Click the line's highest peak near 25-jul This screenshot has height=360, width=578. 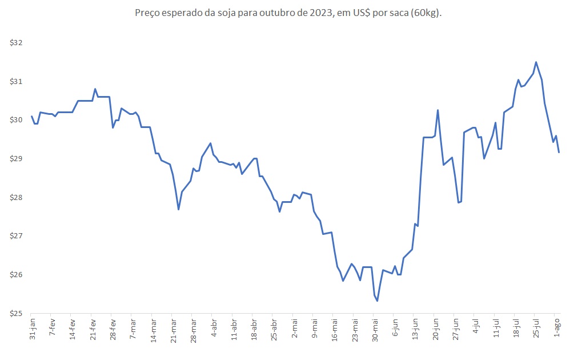(536, 62)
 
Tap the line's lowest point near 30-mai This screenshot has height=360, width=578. (378, 301)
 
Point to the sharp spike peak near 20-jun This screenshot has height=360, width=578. (437, 110)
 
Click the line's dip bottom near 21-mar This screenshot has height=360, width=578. (179, 209)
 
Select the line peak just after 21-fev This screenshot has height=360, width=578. (95, 89)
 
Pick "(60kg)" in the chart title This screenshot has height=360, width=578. (427, 13)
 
